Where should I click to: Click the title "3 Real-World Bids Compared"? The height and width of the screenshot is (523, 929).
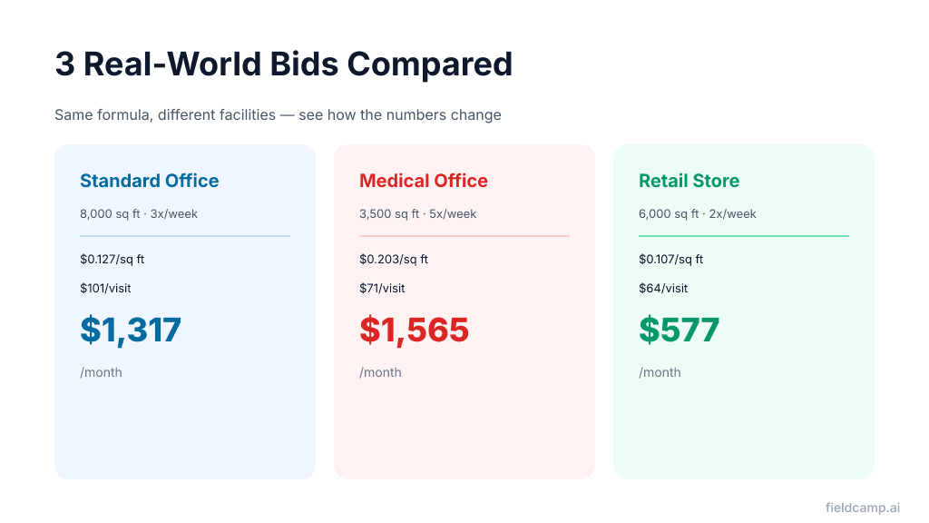[283, 64]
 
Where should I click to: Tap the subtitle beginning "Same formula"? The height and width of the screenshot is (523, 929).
[278, 115]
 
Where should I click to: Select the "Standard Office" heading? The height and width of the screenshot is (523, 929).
[149, 181]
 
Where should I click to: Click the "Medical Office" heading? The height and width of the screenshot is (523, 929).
[424, 181]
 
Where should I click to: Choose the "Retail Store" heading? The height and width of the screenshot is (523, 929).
[689, 181]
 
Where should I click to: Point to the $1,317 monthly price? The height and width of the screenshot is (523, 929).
[131, 330]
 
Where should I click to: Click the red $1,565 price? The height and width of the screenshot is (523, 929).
[414, 330]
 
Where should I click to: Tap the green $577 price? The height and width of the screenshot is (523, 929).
[679, 330]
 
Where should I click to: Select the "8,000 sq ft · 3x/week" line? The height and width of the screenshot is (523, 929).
[139, 214]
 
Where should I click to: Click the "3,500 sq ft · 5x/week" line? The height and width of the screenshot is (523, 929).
[417, 214]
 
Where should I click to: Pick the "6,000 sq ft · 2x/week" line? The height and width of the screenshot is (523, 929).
[697, 214]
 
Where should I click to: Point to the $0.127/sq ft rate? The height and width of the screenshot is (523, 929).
[112, 260]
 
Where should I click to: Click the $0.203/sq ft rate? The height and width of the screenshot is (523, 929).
[393, 260]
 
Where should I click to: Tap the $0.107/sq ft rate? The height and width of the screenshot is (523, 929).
[670, 260]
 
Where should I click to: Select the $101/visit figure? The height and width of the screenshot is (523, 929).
[105, 289]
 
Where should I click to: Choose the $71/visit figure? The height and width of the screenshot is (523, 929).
[382, 289]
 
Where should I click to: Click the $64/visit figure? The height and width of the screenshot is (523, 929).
[663, 289]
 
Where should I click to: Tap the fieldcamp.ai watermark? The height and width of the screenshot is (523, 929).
[862, 508]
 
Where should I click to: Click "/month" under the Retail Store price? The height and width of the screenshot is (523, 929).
[660, 372]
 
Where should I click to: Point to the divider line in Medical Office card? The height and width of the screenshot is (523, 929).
[464, 236]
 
